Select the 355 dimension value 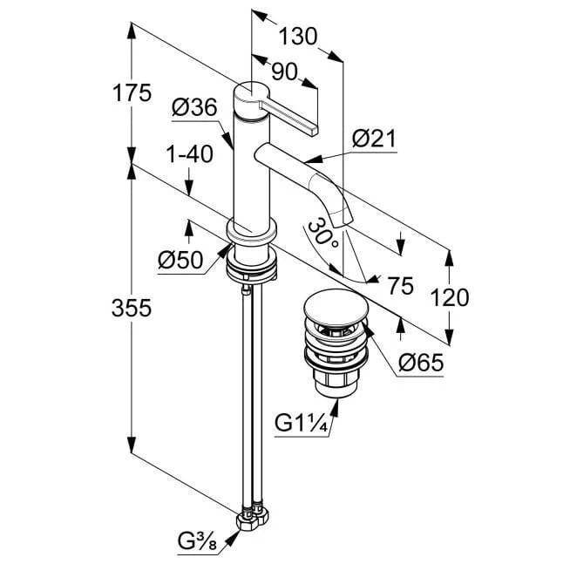tap(132, 308)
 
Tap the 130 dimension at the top tap(299, 37)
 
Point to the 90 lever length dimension tap(283, 71)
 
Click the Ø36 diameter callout tap(193, 108)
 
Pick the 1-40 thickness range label tap(189, 154)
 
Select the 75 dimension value tap(399, 285)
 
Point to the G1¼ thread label tap(301, 424)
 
